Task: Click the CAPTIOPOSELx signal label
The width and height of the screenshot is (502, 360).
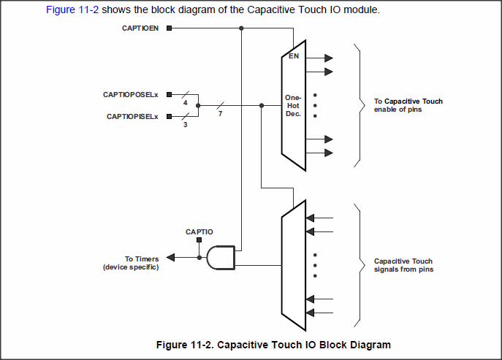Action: [x=133, y=95]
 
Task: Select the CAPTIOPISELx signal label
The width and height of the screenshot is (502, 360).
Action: [x=134, y=116]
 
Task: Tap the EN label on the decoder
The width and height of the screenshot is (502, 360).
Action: [x=293, y=56]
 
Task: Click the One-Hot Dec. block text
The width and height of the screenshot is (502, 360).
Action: [x=293, y=106]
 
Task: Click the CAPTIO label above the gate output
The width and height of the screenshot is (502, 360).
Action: [x=199, y=232]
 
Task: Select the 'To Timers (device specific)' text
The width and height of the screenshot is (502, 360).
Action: [x=131, y=263]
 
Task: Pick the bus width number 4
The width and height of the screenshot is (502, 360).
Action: [x=186, y=103]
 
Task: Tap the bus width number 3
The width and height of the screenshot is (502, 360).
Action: [x=186, y=124]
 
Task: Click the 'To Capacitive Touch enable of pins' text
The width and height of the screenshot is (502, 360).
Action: [x=408, y=105]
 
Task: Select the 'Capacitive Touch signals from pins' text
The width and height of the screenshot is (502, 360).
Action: [x=403, y=265]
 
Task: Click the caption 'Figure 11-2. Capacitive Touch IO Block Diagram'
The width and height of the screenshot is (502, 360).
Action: [x=274, y=345]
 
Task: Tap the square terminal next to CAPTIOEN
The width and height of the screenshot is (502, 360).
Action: [x=170, y=28]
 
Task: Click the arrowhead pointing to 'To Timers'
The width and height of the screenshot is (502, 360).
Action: [x=171, y=257]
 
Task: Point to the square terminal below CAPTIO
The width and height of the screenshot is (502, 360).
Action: [x=199, y=242]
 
